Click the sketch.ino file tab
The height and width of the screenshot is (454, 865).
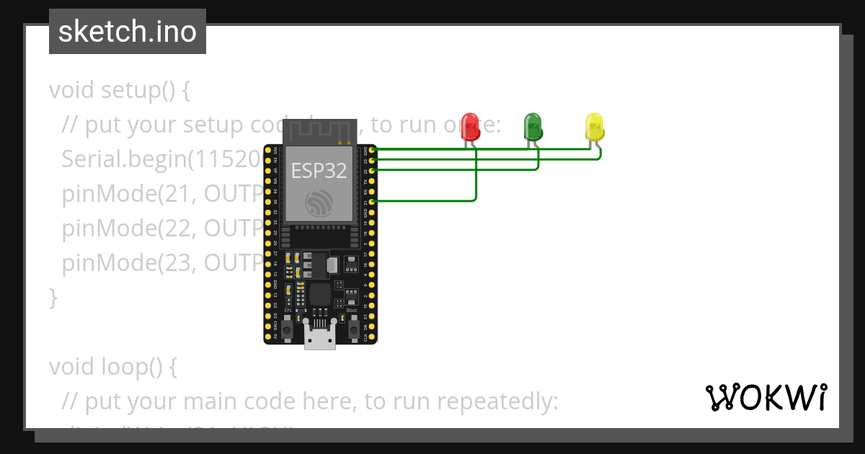128,32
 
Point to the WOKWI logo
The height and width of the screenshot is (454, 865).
766,397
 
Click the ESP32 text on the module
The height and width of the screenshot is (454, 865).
319,170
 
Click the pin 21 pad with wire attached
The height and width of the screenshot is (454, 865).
372,202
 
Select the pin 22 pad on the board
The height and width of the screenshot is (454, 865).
372,171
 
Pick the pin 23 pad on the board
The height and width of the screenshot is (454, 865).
372,161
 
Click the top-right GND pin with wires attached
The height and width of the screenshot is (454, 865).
372,150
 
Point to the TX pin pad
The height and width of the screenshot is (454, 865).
372,181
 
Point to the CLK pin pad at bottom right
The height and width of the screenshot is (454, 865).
372,337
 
